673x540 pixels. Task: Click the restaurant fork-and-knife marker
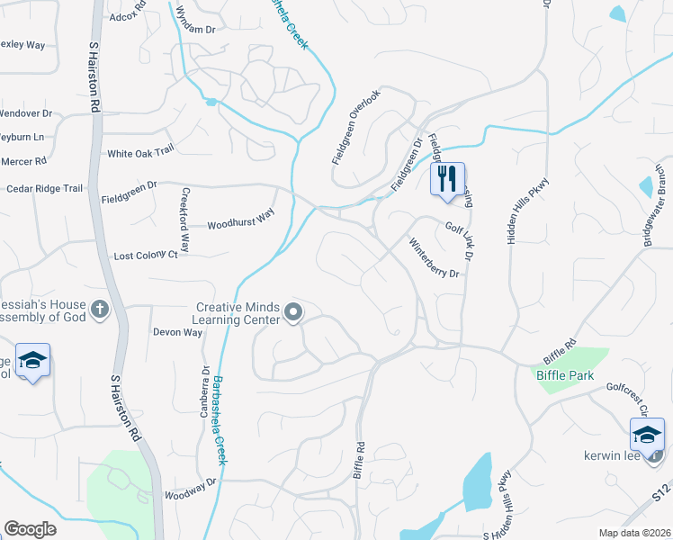coord(447,178)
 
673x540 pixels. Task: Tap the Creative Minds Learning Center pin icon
coord(293,312)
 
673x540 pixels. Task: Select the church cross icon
coord(99,310)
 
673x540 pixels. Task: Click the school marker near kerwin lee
coord(647,435)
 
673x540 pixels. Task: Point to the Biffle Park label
coord(565,374)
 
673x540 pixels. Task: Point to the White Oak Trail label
coord(139,154)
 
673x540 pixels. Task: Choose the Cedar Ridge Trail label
coord(44,188)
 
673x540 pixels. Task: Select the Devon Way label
coord(177,332)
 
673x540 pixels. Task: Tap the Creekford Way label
coord(185,220)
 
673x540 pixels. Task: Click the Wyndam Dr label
coord(197,30)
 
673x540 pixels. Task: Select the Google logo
coord(30,528)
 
